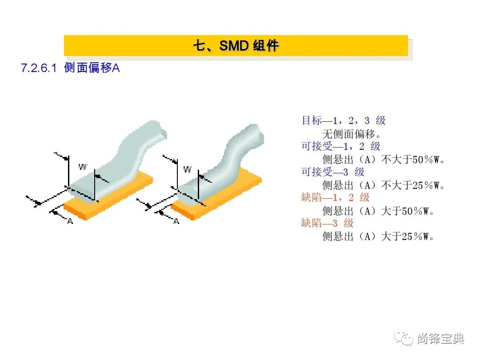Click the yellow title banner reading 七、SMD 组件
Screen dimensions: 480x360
pos(236,46)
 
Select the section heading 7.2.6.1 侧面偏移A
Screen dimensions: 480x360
pos(70,68)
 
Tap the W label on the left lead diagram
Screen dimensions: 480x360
pos(83,167)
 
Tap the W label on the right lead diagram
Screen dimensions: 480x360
pos(188,169)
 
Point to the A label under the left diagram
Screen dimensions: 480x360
pos(70,221)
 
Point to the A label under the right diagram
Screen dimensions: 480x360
pos(176,221)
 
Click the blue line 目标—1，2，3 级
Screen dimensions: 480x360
pos(344,120)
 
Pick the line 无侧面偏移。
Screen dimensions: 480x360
pos(352,134)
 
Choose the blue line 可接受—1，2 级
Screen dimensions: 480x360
pos(341,146)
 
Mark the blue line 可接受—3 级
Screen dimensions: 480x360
pos(333,172)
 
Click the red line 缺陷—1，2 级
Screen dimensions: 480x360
pos(335,197)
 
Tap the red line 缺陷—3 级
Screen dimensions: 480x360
pos(327,223)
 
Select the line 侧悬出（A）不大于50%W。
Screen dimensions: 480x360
pos(383,160)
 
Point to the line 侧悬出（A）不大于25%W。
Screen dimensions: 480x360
pos(383,185)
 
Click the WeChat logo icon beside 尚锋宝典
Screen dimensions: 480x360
pos(404,339)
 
